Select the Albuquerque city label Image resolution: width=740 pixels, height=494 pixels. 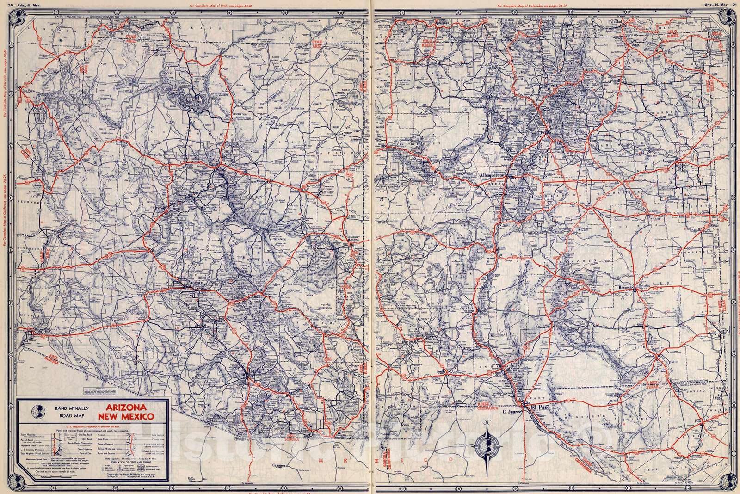coord(492,175)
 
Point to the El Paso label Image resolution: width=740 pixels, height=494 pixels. coord(543,407)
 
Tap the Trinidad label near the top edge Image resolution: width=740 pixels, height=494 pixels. coord(607,22)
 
